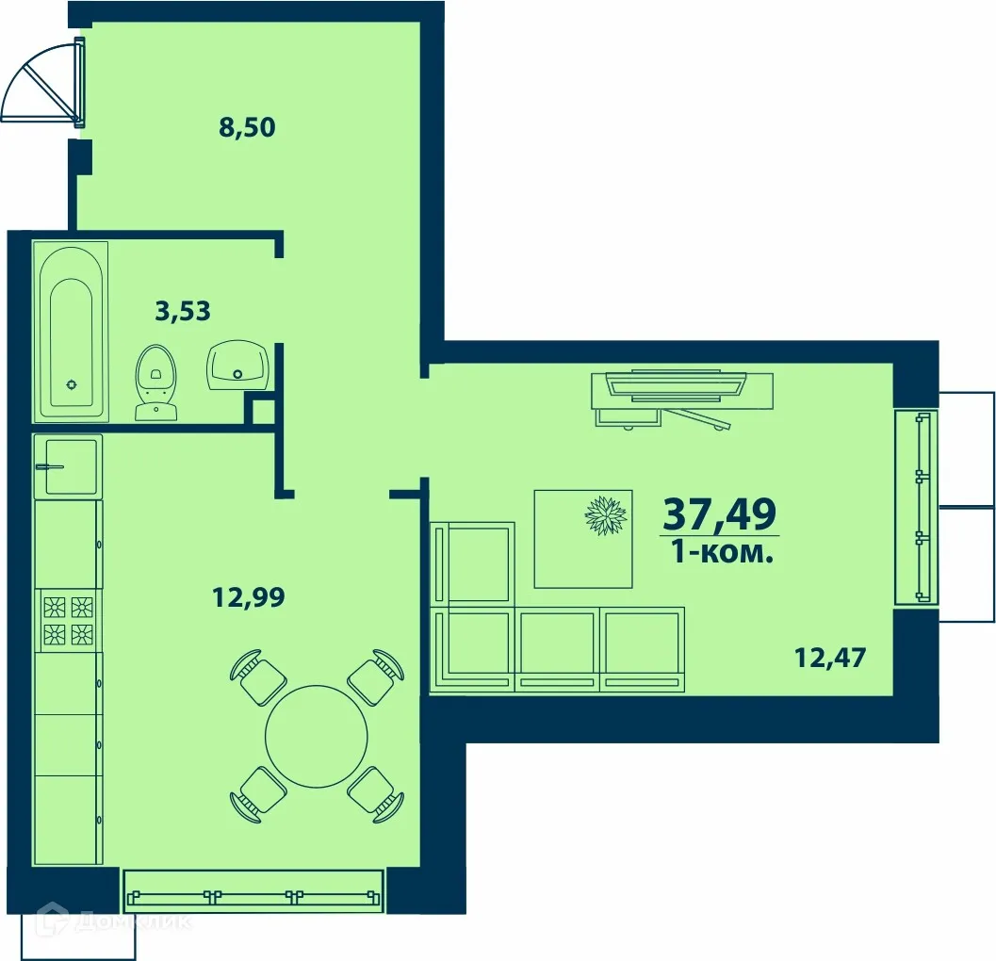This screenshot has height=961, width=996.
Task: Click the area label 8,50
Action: [x=247, y=127]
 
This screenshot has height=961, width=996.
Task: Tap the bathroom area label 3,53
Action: [x=183, y=310]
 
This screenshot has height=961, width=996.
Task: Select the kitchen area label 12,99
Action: [x=247, y=595]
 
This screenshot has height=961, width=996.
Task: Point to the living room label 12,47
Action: [x=829, y=657]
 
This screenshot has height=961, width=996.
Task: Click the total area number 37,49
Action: [x=720, y=513]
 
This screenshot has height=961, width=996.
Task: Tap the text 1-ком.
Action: [x=722, y=553]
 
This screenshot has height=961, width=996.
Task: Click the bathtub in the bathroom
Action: [x=72, y=332]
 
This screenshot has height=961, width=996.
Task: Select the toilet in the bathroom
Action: [x=155, y=382]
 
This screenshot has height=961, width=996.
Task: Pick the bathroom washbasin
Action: [x=238, y=366]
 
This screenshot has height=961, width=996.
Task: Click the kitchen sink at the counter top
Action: [x=66, y=465]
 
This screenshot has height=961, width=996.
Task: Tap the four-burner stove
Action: [x=69, y=620]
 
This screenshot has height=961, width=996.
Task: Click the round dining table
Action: [x=317, y=735]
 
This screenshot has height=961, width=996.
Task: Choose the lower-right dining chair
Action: [x=376, y=793]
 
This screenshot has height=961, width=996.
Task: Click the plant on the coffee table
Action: [x=605, y=516]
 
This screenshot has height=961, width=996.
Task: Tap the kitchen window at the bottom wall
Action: [x=253, y=891]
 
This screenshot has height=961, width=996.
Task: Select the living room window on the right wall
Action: [x=916, y=506]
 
